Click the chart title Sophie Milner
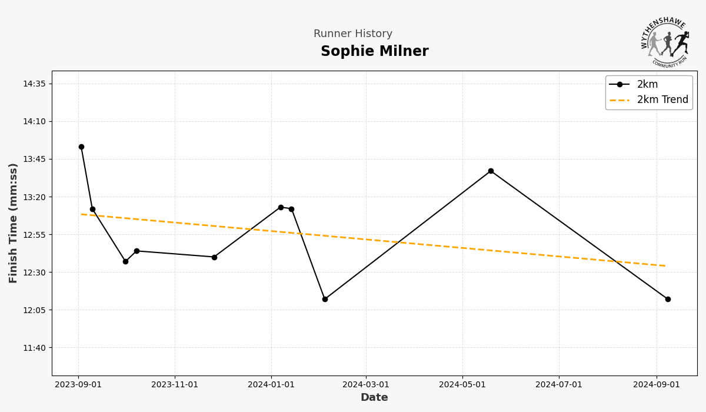(374, 52)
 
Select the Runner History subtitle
(352, 34)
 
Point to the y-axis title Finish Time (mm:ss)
(14, 222)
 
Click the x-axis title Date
(374, 398)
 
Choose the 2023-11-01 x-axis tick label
(175, 385)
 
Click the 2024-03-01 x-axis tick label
(366, 385)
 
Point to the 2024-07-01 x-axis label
(559, 385)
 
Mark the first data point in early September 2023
(81, 147)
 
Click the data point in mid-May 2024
(491, 171)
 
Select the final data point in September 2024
(668, 299)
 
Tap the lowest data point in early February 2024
(325, 299)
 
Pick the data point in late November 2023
(214, 257)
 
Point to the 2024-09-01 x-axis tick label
(657, 385)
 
